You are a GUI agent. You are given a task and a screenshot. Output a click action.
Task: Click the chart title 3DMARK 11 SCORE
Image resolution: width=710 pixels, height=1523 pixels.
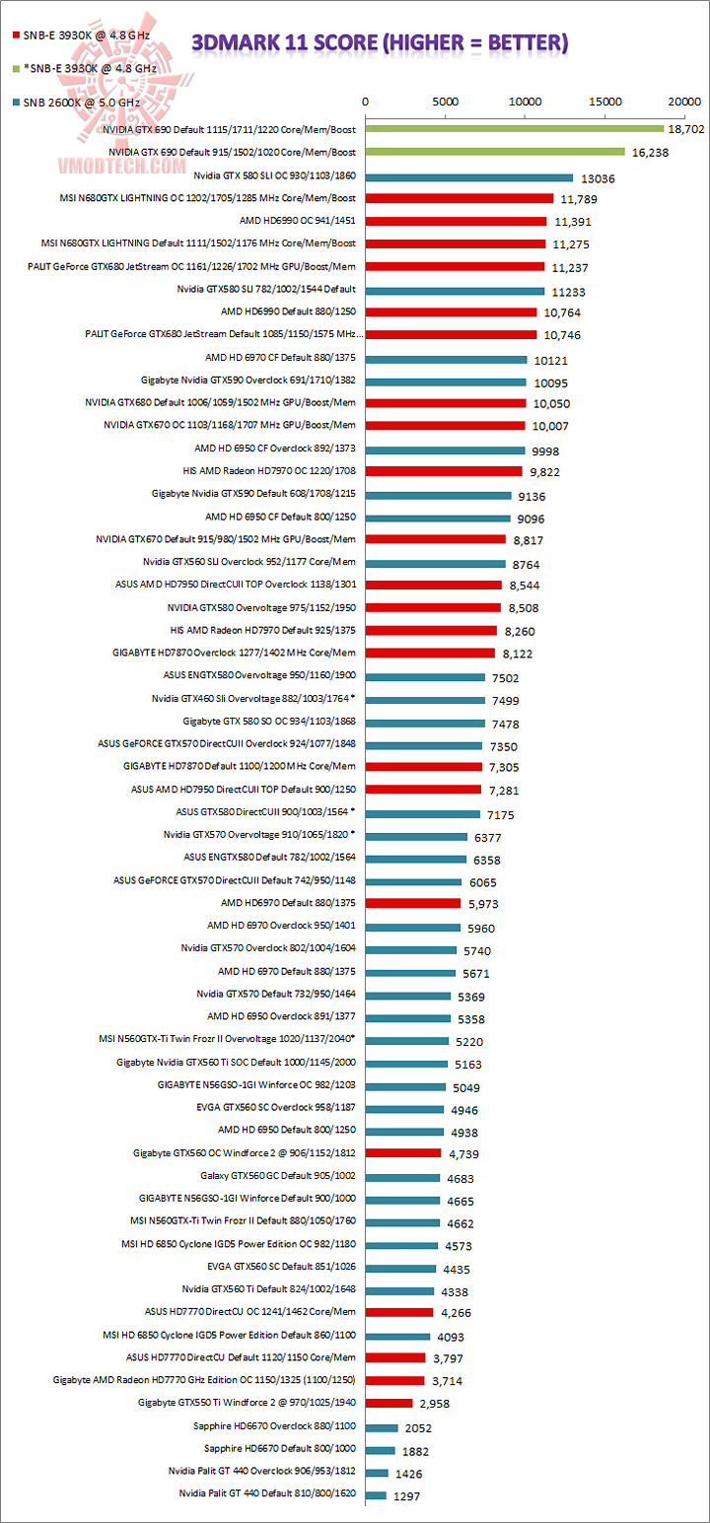pos(380,42)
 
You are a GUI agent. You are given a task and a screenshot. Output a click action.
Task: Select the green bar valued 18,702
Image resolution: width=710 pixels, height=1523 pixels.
pos(515,128)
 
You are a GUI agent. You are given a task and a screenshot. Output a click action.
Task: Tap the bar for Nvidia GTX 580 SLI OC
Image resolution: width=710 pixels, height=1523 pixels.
pos(469,177)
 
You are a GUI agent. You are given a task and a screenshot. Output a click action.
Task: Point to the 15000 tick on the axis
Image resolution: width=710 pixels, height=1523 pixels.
pos(605,102)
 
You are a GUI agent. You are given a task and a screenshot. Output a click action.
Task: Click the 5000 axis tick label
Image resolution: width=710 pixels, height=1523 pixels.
pos(446,102)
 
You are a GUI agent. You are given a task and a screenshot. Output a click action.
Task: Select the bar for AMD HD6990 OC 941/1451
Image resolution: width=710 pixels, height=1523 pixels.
pos(456,221)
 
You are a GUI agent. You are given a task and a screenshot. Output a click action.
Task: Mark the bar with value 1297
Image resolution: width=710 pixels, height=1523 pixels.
pos(376,1495)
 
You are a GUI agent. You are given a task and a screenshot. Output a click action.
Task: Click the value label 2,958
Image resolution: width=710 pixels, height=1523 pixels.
pos(439,1403)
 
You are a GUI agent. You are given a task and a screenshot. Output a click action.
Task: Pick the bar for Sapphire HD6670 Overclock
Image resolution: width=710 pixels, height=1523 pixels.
pos(382,1427)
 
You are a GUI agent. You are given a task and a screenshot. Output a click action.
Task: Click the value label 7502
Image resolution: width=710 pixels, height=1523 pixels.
pos(502,677)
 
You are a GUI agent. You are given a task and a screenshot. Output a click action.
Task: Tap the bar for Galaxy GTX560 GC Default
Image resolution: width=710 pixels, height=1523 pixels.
pos(402,1177)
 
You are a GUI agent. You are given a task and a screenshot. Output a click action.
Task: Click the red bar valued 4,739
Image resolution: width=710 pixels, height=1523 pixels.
pos(403,1152)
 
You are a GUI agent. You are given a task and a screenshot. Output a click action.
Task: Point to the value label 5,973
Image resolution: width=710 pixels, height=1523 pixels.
pos(481,904)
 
